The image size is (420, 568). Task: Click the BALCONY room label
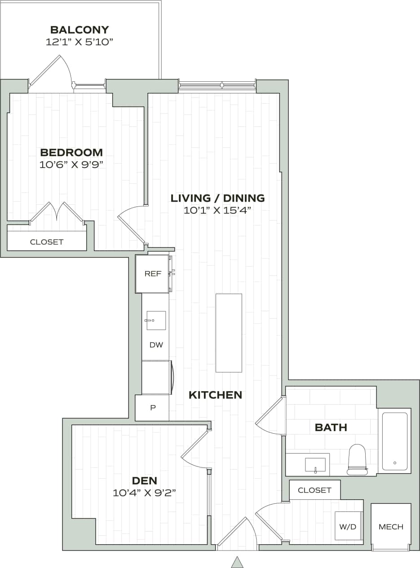(80, 30)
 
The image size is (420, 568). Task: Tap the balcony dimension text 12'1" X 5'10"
(80, 42)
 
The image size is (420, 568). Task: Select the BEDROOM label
(71, 153)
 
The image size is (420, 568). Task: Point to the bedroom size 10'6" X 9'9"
(71, 164)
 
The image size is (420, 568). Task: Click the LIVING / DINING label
(217, 198)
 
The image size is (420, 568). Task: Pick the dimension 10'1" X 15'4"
(217, 210)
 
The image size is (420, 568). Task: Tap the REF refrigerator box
(153, 273)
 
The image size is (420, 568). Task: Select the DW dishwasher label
(156, 345)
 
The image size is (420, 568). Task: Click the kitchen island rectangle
(229, 333)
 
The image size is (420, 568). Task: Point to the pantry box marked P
(152, 408)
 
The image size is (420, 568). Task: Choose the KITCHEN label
(215, 395)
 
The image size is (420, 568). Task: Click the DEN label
(144, 481)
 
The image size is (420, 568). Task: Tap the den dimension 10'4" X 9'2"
(144, 493)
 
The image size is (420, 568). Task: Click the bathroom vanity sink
(315, 465)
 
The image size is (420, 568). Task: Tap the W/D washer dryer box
(348, 526)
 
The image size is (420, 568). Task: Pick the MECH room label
(391, 527)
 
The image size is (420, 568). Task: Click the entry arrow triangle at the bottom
(237, 562)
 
